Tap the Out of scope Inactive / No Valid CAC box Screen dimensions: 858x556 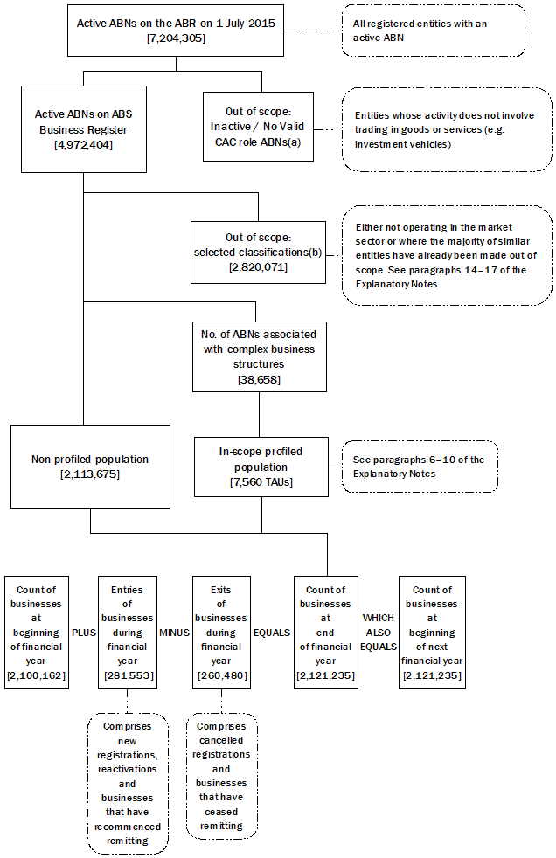pos(257,128)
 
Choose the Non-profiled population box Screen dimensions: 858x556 pos(90,466)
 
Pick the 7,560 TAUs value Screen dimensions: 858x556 pos(261,481)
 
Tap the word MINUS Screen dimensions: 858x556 pos(174,633)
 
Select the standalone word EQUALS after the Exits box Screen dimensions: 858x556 pos(271,633)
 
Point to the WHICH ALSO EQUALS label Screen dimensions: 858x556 pos(378,633)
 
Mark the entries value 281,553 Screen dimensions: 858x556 pos(129,675)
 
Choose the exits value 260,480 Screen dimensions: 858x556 pos(221,675)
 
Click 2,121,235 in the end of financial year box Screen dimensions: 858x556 pos(325,675)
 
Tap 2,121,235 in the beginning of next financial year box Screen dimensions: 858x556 pos(432,675)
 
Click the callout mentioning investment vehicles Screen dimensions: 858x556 pos(446,129)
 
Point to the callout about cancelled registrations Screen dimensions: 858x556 pos(221,776)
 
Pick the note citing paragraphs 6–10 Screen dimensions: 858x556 pos(420,466)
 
